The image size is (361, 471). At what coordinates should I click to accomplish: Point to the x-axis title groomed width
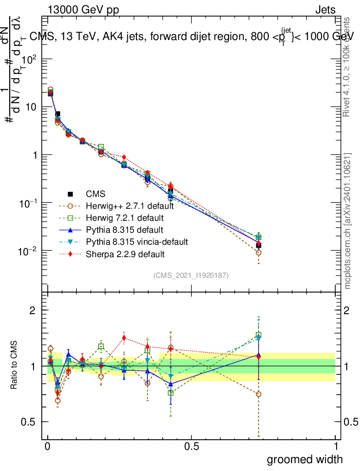[x=305, y=459]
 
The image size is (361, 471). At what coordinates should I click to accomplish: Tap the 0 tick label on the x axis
[x=48, y=446]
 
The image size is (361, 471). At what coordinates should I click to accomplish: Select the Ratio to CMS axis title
[x=14, y=366]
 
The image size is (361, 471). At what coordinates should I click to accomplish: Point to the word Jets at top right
[x=325, y=10]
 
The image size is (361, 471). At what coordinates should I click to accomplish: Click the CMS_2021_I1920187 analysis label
[x=191, y=275]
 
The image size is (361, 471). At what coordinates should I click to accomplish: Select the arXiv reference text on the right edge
[x=348, y=221]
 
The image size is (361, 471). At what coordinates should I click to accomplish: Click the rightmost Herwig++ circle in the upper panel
[x=259, y=253]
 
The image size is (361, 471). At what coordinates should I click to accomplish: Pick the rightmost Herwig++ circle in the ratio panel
[x=259, y=394]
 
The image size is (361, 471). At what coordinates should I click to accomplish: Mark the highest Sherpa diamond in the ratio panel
[x=124, y=338]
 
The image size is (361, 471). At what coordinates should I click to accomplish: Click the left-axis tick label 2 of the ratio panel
[x=33, y=310]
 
